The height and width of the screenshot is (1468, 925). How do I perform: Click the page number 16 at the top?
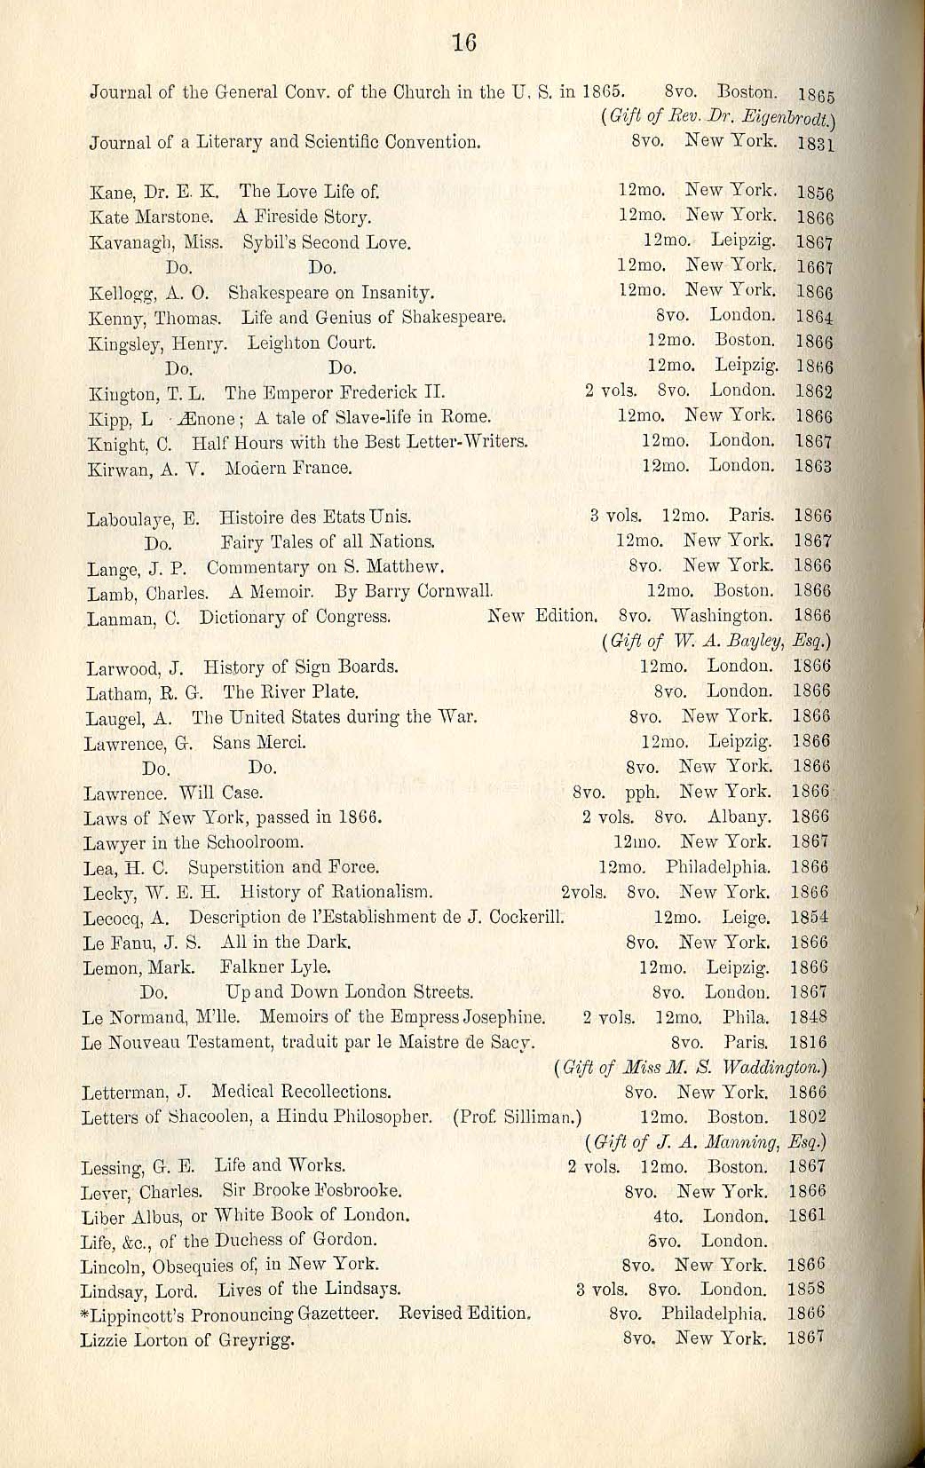(464, 42)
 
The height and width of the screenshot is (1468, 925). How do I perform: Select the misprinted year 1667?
(814, 266)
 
